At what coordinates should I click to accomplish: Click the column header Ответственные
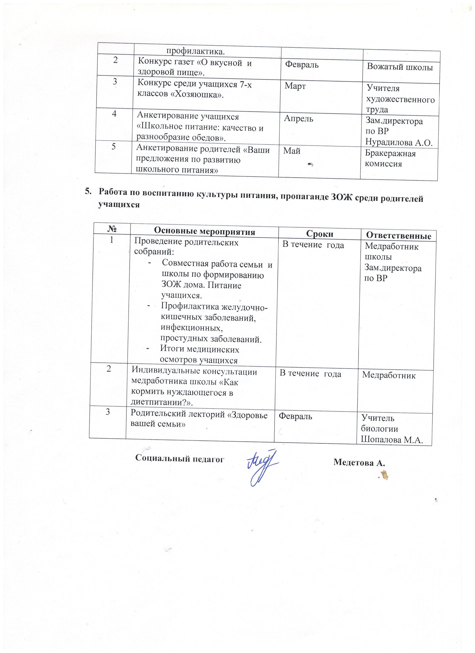[x=398, y=236]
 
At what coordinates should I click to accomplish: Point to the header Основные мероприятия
[x=205, y=231]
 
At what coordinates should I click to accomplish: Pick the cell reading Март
[x=295, y=86]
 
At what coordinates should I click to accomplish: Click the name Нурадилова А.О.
[x=399, y=142]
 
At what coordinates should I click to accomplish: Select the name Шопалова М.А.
[x=392, y=440]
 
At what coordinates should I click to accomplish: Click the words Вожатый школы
[x=400, y=67]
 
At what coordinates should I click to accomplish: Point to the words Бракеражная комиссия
[x=390, y=158]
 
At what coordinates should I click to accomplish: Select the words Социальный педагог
[x=179, y=459]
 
